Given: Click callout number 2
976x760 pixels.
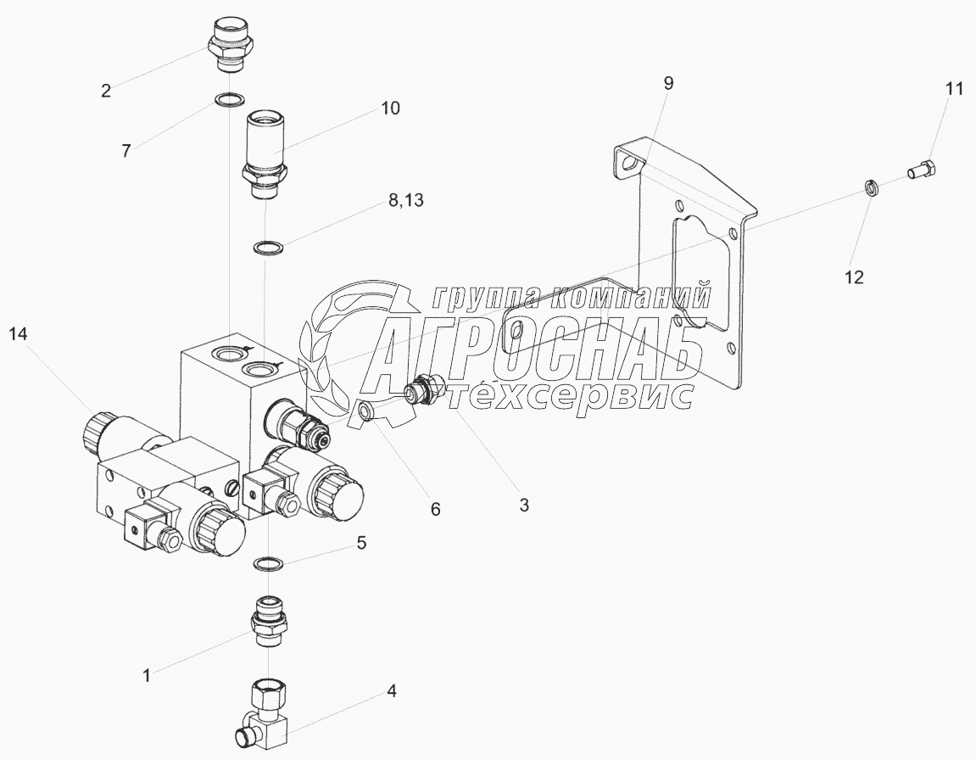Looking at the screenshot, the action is [x=106, y=91].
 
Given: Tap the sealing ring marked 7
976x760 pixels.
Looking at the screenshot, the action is [x=227, y=102].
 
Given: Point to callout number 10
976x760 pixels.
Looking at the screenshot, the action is [x=390, y=109].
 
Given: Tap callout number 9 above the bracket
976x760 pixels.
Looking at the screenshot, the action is [x=668, y=83].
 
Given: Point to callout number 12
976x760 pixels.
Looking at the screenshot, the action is [x=853, y=277].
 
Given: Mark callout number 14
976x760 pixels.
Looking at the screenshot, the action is [x=19, y=335].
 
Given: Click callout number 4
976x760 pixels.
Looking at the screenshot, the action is [x=392, y=691].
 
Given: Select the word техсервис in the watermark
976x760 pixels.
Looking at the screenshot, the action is [x=568, y=395].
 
